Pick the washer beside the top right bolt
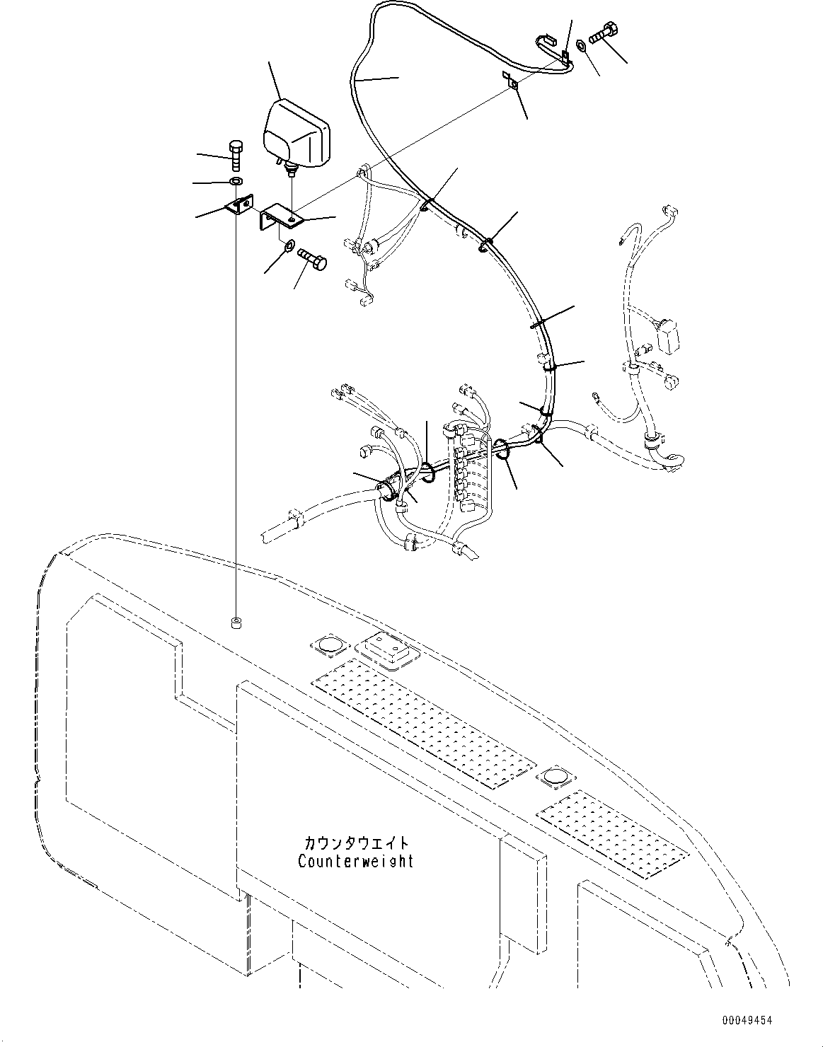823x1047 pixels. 581,45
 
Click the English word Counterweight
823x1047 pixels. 356,862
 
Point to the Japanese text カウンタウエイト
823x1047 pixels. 356,843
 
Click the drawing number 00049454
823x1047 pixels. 747,1021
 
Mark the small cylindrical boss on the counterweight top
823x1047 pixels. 236,623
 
